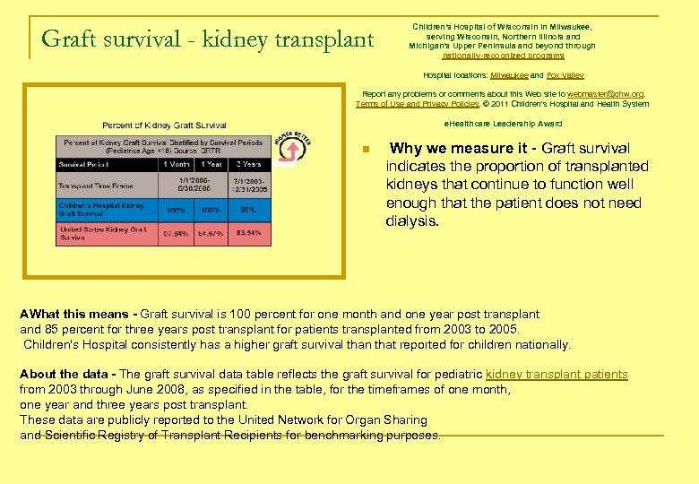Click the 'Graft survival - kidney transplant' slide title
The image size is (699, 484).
207,39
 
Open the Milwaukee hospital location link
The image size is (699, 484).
511,76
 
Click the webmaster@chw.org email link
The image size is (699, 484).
605,93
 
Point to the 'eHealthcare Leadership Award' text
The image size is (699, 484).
503,124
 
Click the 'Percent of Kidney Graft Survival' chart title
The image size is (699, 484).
164,125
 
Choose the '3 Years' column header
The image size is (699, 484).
249,165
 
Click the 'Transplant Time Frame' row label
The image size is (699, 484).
96,186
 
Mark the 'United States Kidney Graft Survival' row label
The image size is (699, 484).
102,234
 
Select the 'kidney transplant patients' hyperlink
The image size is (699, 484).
557,374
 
